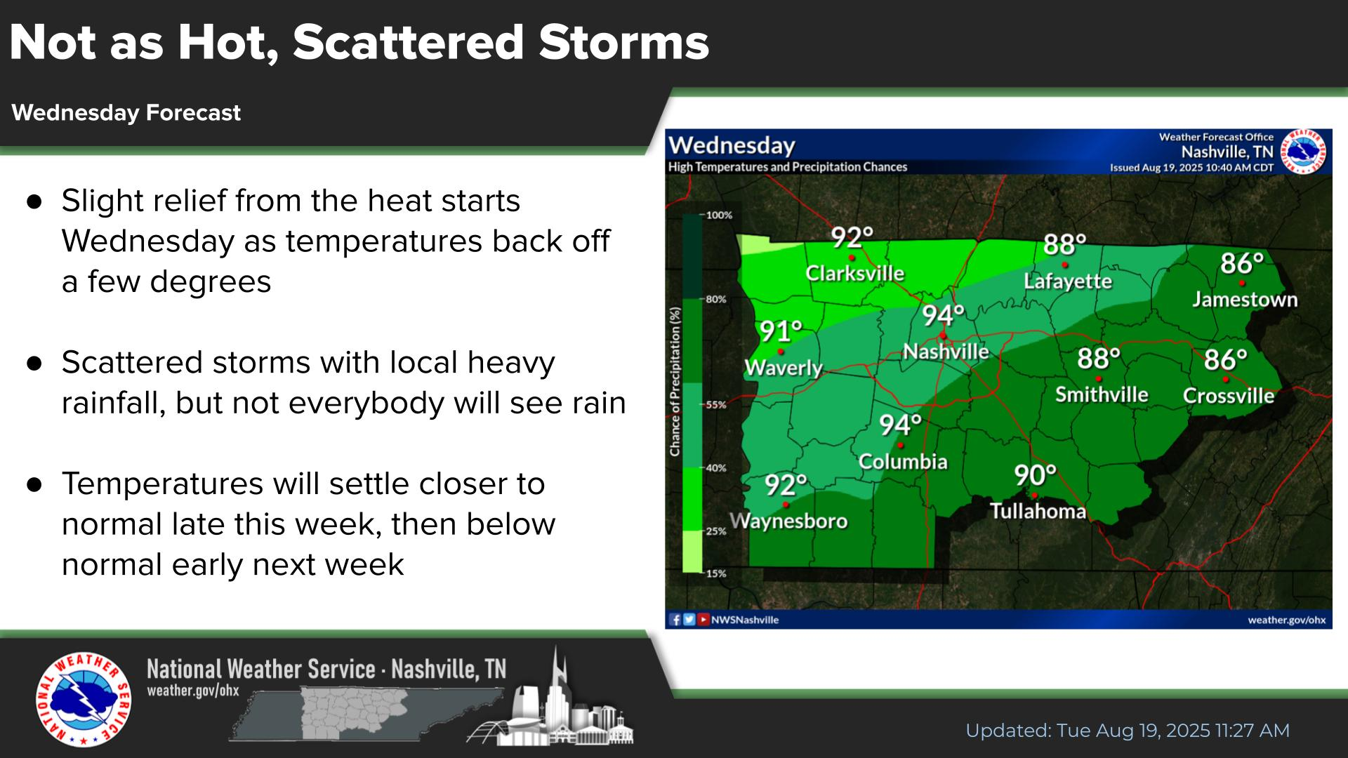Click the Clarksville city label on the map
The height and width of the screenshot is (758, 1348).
point(854,273)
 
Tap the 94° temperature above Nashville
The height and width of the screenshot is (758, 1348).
point(944,316)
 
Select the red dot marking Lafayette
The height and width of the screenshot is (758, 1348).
point(1065,265)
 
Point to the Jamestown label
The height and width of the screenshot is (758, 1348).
point(1245,300)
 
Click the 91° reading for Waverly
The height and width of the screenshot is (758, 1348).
point(781,330)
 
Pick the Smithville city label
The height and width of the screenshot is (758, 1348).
point(1102,394)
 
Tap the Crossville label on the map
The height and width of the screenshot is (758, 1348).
point(1229,396)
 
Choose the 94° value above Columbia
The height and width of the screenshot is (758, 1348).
point(901,425)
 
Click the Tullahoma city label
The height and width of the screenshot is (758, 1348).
point(1038,511)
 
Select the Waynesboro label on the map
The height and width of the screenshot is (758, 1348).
point(788,521)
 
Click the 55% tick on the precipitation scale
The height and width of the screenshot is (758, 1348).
point(716,405)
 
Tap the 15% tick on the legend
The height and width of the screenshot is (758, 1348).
point(716,573)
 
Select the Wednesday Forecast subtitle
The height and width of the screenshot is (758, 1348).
point(126,113)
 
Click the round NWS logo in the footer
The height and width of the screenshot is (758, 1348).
point(84,700)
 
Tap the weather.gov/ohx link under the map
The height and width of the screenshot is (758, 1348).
point(1287,620)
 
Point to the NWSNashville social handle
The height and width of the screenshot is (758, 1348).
point(745,620)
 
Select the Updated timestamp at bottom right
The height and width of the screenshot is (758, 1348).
point(1128,731)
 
